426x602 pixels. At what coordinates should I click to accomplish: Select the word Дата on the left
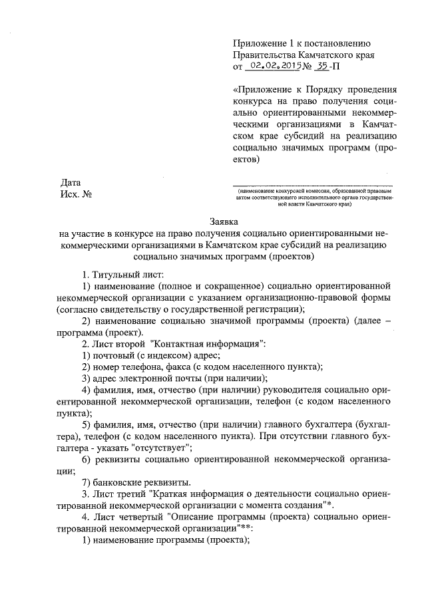71,181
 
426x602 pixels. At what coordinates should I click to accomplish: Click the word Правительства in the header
267,55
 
